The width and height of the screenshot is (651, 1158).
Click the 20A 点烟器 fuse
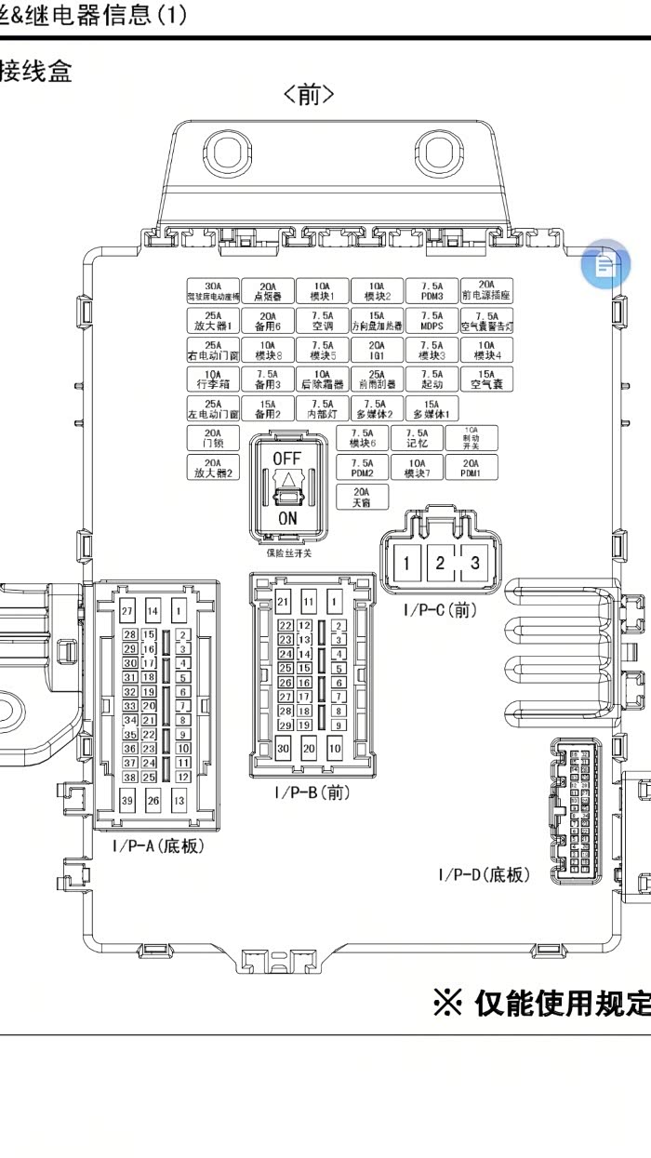pos(268,291)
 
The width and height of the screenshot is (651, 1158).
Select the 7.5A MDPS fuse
pos(431,321)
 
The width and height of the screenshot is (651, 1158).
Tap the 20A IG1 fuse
pos(377,350)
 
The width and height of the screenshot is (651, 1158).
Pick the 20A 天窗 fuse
pos(362,497)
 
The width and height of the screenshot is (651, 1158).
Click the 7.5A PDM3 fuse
pos(431,291)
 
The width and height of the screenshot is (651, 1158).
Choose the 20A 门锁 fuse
pos(213,438)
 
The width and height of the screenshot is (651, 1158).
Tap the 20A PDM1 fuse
pos(472,467)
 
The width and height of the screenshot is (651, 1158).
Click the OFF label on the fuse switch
pos(286,459)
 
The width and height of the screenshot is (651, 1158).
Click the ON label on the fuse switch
pos(287,519)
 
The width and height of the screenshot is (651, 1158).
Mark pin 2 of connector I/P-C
pos(440,562)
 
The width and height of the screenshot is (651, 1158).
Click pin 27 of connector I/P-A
pos(128,611)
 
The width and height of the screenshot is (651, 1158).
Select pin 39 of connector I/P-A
pos(128,801)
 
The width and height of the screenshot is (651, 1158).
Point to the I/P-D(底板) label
pos(484,875)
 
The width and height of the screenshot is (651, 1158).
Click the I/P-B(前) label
pos(312,792)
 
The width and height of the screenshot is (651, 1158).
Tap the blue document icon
pos(605,266)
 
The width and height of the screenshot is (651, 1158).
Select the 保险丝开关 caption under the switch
pos(288,552)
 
